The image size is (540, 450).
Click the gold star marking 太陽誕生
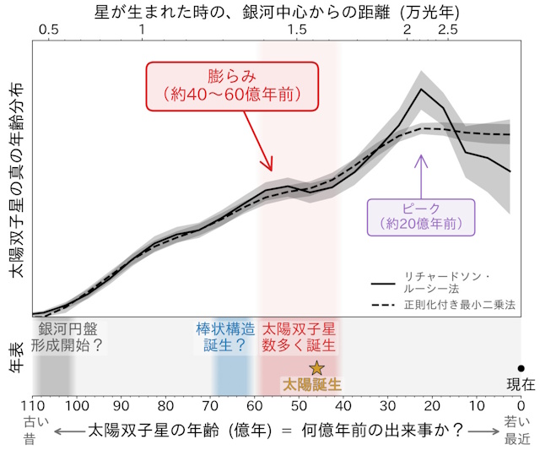click(x=316, y=367)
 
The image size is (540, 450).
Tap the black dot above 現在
click(x=521, y=368)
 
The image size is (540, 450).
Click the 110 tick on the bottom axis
click(x=33, y=402)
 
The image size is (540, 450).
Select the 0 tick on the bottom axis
click(x=521, y=402)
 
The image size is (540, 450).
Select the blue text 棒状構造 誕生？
click(x=224, y=336)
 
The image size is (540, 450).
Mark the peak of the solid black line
click(x=421, y=88)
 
